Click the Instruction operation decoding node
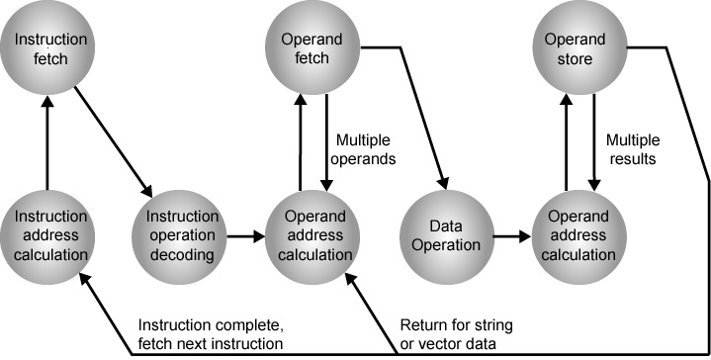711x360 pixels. [181, 236]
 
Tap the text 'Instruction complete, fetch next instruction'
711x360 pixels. [211, 333]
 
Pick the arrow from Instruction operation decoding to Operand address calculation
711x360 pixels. [246, 237]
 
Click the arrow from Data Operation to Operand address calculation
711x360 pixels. [510, 237]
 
